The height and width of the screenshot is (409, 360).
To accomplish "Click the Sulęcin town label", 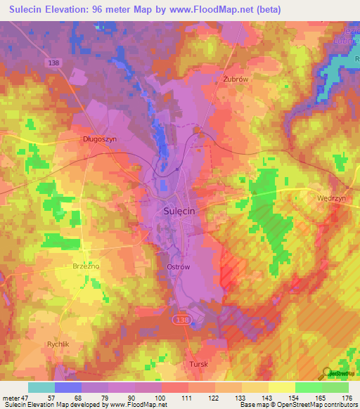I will (x=179, y=210).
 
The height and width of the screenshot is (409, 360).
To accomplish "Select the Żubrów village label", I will (x=236, y=79).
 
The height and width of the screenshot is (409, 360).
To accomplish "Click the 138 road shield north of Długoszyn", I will (x=56, y=63).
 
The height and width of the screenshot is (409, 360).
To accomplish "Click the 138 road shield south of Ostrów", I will (x=181, y=318).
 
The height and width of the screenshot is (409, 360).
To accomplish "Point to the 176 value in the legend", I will (x=345, y=398).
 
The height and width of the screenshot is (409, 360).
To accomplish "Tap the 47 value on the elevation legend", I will (x=25, y=398).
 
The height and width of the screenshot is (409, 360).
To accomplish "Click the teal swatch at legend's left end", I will (x=41, y=387).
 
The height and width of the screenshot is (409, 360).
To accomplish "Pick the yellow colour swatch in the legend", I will (x=281, y=387).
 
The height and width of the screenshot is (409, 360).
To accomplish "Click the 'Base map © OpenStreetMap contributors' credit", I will (x=297, y=405).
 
